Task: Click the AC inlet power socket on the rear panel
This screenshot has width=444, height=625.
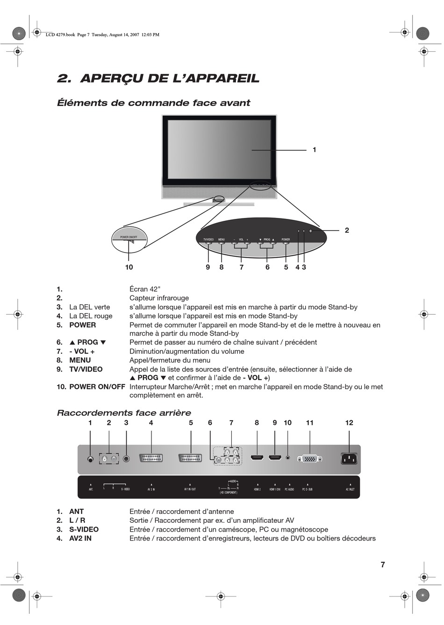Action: click(x=349, y=459)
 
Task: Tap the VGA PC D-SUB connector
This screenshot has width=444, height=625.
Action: click(x=309, y=459)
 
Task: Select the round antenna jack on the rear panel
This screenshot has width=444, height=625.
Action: click(x=90, y=459)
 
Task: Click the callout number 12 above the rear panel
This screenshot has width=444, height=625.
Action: click(x=349, y=423)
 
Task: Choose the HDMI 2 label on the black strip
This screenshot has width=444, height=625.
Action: click(x=257, y=489)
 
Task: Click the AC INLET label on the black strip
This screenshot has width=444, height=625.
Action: click(x=350, y=489)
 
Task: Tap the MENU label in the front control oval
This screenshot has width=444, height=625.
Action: click(x=222, y=239)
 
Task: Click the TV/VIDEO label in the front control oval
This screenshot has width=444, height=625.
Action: click(x=208, y=239)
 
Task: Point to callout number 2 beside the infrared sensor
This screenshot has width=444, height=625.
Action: click(x=347, y=230)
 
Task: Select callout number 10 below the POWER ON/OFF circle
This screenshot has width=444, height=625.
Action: click(x=129, y=267)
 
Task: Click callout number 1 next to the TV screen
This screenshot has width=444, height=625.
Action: click(x=315, y=150)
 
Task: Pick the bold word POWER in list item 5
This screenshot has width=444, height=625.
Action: click(x=83, y=325)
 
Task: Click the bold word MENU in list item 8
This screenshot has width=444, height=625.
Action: click(x=80, y=360)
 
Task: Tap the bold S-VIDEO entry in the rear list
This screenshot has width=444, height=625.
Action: click(x=84, y=529)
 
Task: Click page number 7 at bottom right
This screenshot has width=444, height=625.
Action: click(x=383, y=565)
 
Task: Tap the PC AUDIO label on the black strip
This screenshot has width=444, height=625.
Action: click(x=289, y=489)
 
